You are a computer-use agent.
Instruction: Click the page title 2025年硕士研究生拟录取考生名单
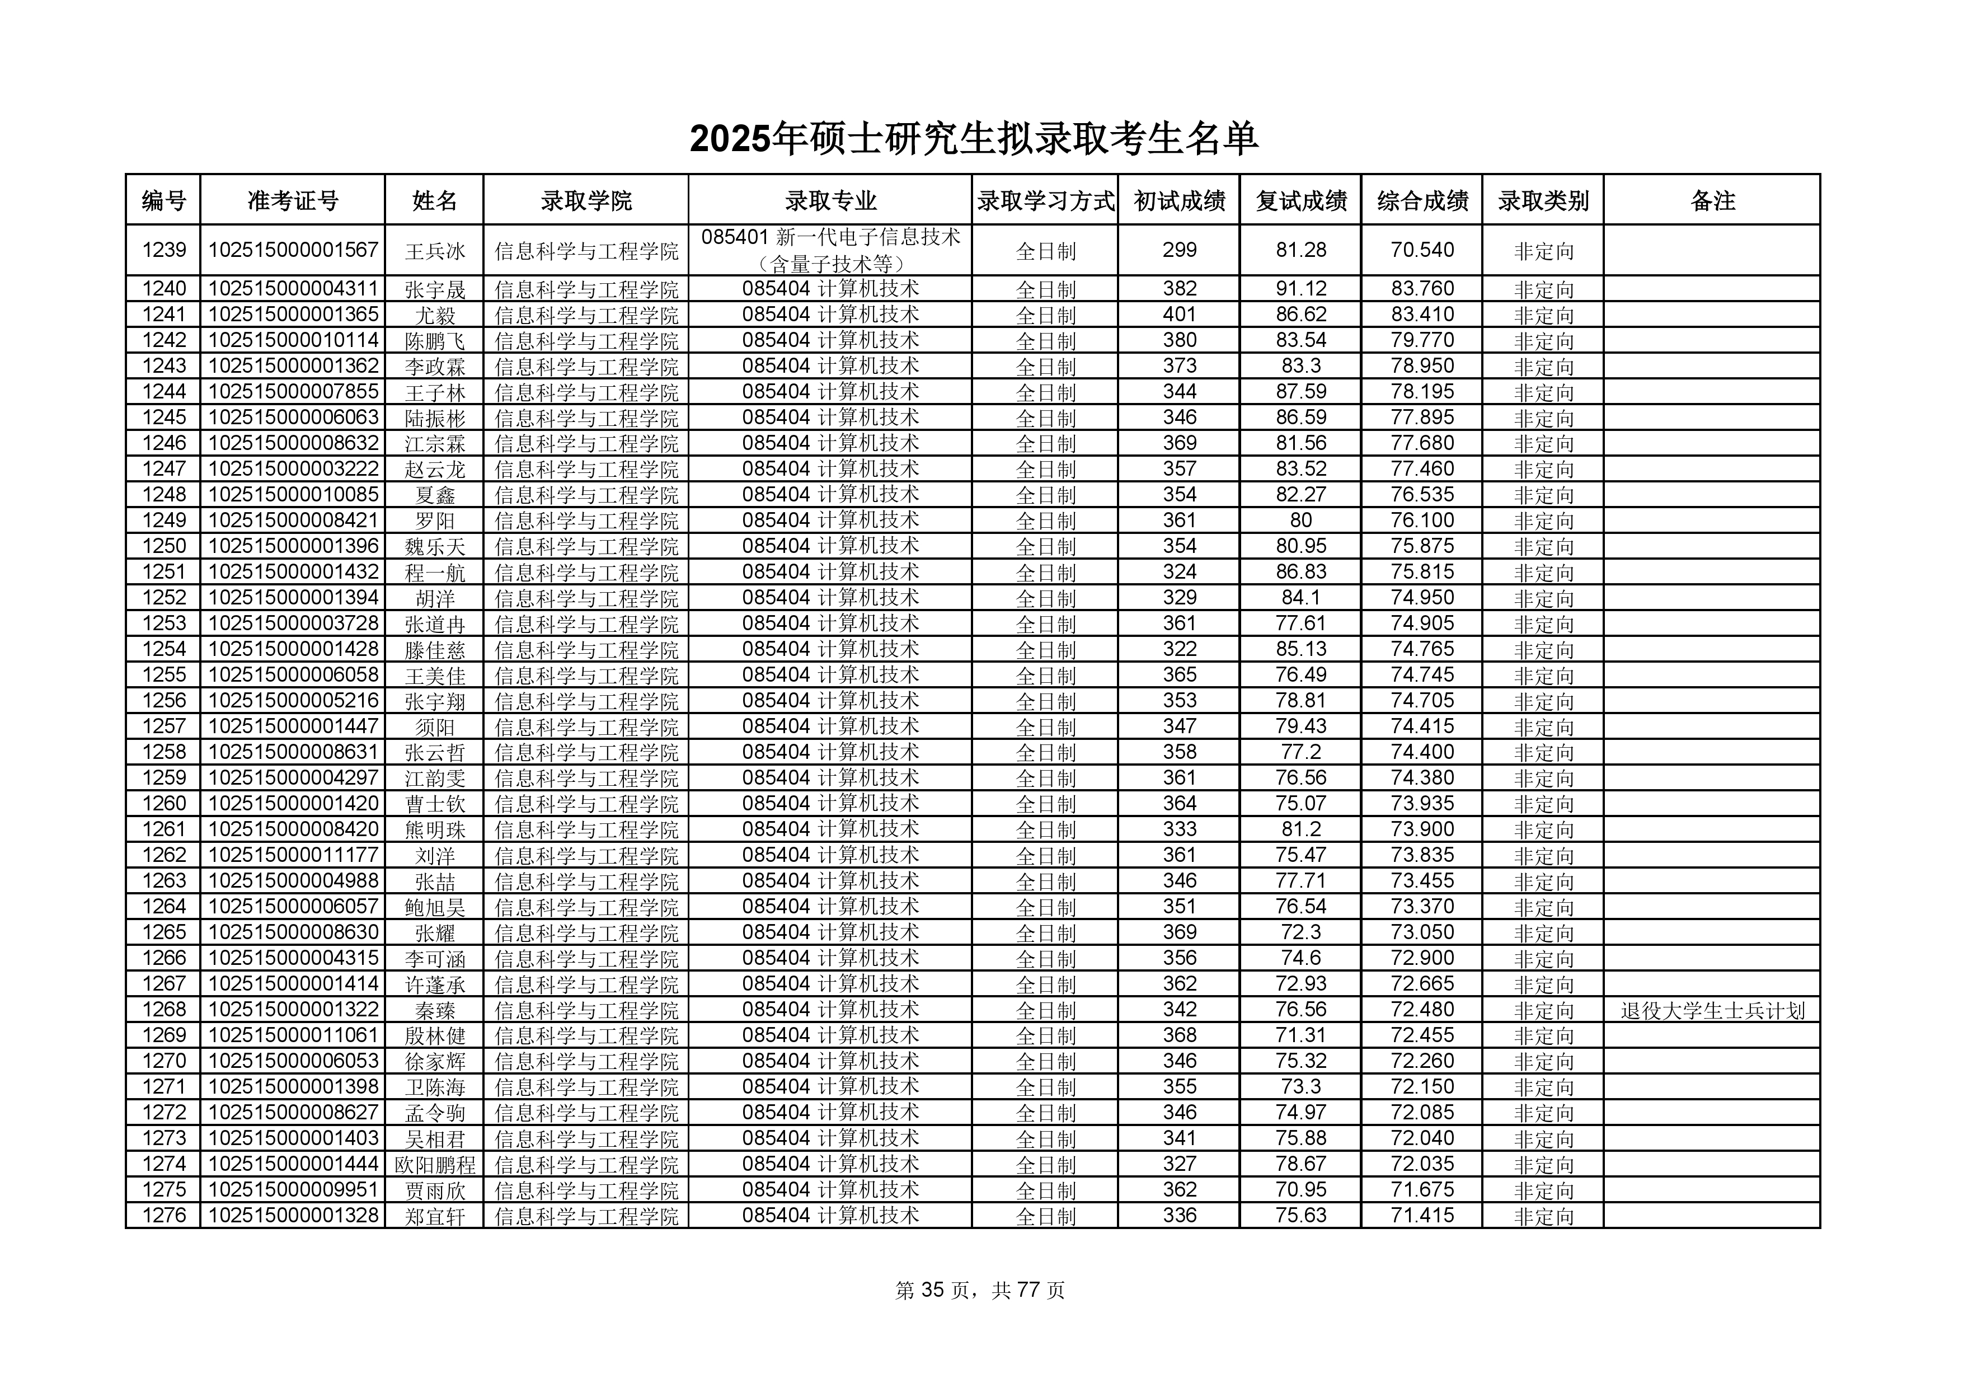click(973, 139)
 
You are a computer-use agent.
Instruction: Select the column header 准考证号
click(293, 201)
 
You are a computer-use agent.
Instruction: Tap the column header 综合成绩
click(1422, 201)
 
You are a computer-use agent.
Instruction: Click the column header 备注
click(1712, 201)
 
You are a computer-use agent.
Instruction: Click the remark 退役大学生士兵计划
click(1712, 1010)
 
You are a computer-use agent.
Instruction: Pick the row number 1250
click(163, 546)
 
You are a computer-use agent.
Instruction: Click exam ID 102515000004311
click(293, 289)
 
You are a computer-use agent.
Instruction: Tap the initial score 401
click(1179, 315)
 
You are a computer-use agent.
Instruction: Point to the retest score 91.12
click(1300, 289)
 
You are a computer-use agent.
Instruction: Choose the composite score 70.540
click(1422, 250)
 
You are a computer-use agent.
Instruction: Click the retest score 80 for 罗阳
click(1300, 520)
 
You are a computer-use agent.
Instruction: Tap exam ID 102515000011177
click(293, 855)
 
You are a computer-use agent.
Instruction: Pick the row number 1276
click(163, 1215)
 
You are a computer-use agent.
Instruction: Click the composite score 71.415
click(1422, 1215)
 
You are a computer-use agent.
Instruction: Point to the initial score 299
click(1179, 250)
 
